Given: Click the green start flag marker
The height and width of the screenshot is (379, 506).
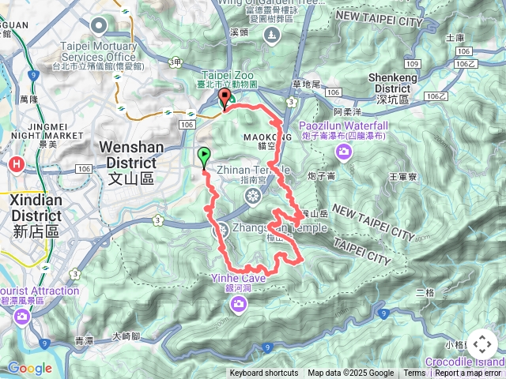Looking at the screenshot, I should pos(205,156).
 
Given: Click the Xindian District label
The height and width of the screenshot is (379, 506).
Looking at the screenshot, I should pos(35,207).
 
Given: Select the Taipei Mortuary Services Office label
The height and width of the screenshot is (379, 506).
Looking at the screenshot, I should pos(98,51).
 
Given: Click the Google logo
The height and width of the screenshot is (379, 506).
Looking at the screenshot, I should pos(29,368).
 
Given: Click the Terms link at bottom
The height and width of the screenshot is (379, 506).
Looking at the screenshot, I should pos(414,373).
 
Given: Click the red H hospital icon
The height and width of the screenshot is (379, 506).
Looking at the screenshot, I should pos(16,164).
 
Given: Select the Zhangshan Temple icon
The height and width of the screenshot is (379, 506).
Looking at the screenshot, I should pos(221,230).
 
